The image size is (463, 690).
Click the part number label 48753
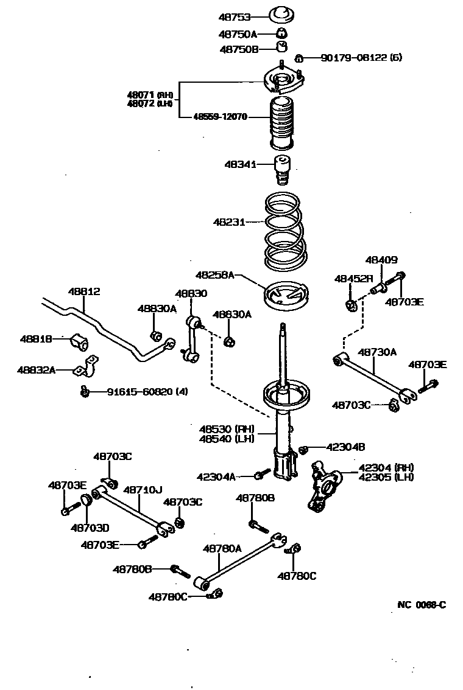tap(235, 17)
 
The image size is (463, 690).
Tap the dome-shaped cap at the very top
tap(281, 13)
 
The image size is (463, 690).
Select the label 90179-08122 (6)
tap(362, 58)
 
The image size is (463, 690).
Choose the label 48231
tap(228, 222)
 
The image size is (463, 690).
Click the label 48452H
tap(353, 278)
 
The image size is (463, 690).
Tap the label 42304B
tap(345, 447)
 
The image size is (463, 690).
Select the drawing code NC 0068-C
tap(422, 604)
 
